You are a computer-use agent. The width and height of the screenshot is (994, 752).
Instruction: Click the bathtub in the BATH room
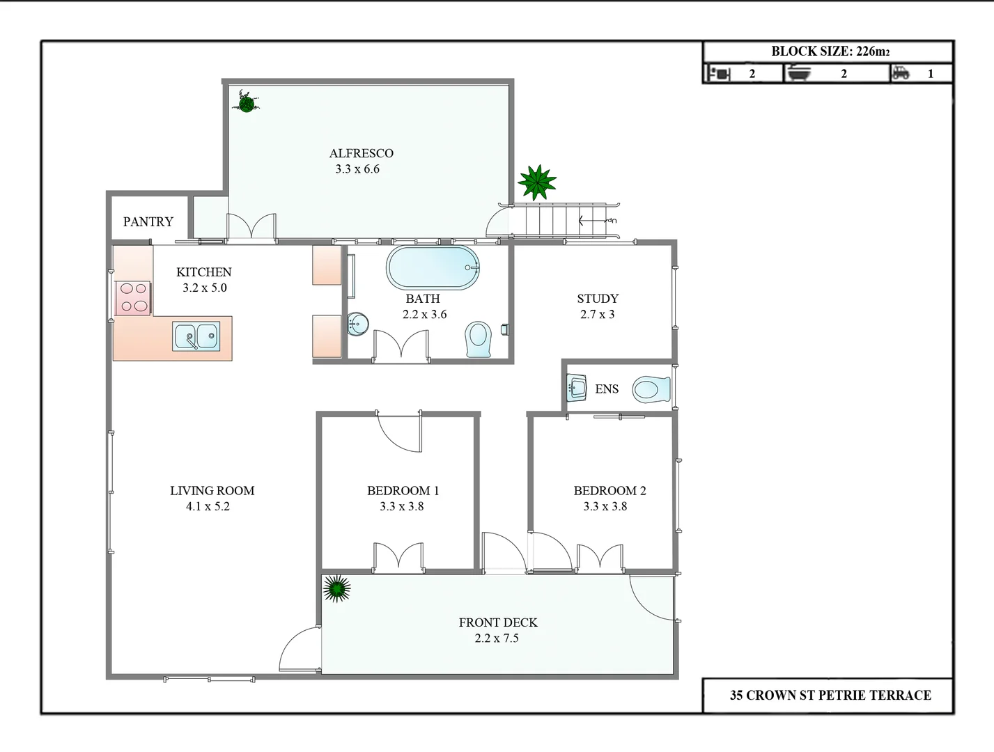[x=433, y=267]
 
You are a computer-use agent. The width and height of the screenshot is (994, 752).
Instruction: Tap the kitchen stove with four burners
[x=133, y=297]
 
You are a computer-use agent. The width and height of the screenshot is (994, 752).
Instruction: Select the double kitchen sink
[x=196, y=336]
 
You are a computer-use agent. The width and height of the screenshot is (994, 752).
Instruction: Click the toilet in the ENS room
[x=651, y=390]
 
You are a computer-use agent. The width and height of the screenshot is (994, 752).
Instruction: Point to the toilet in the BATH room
[x=479, y=338]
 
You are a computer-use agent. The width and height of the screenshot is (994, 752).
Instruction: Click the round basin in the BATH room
[x=357, y=324]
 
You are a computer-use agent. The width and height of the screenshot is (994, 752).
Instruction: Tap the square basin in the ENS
[x=577, y=388]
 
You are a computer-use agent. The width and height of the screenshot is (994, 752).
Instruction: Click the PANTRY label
[x=148, y=222]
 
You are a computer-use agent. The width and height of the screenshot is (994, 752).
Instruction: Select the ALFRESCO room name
[x=361, y=153]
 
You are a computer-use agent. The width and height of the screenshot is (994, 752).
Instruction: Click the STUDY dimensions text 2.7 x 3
[x=597, y=315]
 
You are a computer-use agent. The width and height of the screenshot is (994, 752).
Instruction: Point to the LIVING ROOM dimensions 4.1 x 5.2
[x=208, y=507]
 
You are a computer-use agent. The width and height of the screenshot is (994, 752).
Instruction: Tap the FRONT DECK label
[x=497, y=622]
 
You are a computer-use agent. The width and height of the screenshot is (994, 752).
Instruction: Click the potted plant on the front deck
[x=337, y=589]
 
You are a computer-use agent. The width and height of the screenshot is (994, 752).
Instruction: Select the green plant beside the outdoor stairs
[x=537, y=182]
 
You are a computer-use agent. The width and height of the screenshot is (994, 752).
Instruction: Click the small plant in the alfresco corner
[x=246, y=102]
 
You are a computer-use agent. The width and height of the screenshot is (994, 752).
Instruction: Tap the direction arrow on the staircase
[x=592, y=221]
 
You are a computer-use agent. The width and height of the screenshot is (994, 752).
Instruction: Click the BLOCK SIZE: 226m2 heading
[x=830, y=52]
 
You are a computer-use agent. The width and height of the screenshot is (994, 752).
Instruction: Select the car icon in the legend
[x=901, y=73]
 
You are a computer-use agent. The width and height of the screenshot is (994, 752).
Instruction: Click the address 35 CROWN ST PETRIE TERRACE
[x=830, y=695]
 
